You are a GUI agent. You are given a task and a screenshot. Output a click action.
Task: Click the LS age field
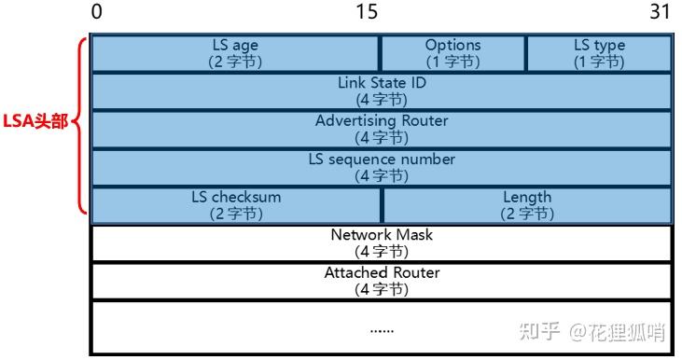click(x=235, y=53)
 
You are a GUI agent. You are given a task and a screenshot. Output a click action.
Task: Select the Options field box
click(x=453, y=53)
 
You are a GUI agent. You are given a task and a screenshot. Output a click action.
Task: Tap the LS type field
click(x=599, y=53)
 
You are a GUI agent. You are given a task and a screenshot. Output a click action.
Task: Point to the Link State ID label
click(x=382, y=83)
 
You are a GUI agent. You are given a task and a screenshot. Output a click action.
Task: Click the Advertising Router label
click(x=382, y=121)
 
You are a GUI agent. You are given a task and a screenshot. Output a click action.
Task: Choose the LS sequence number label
click(x=382, y=159)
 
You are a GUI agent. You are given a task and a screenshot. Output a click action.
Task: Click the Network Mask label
click(x=382, y=235)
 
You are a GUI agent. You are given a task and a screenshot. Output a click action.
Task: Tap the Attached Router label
click(x=382, y=273)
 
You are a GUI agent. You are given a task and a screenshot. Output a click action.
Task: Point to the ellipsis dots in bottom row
click(x=382, y=329)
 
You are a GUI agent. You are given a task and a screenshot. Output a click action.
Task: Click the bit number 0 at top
click(x=97, y=13)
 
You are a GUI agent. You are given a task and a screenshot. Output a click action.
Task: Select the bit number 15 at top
click(x=367, y=13)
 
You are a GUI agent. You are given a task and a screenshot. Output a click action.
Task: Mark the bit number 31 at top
click(x=660, y=13)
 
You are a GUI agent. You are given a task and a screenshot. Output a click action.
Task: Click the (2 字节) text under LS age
click(x=235, y=62)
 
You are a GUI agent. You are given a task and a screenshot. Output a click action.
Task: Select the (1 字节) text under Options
click(x=453, y=62)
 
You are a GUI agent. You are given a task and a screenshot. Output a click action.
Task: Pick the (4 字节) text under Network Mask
click(x=382, y=251)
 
